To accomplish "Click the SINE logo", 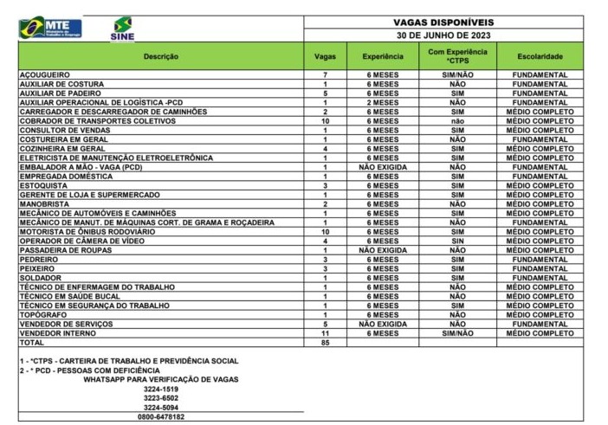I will click(x=123, y=29).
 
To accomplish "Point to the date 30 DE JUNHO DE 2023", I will click(x=443, y=36).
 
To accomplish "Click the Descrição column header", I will click(x=160, y=56).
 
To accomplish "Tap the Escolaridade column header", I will click(x=540, y=56).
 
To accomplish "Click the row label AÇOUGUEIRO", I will click(x=44, y=74).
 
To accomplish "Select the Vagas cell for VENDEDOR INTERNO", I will click(x=325, y=332).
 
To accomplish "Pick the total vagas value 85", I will click(x=325, y=342).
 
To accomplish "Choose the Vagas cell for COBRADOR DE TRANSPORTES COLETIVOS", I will click(x=325, y=120).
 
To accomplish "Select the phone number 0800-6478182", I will click(x=160, y=416).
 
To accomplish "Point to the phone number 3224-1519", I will click(x=160, y=389).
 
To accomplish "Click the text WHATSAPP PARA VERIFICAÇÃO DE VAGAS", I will click(x=161, y=379).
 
